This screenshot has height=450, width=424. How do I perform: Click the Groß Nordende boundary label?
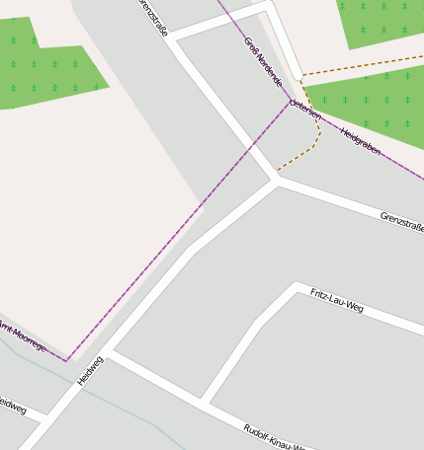coord(262,62)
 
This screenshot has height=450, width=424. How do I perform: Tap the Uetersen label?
coord(305,110)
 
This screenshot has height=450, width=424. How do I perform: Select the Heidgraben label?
coord(360,140)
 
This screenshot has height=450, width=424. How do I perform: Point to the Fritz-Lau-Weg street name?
coord(336,301)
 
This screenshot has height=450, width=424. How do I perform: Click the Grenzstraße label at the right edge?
coord(402,221)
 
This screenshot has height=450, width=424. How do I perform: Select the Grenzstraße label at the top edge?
coord(152,18)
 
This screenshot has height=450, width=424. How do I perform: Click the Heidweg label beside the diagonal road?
coord(90,370)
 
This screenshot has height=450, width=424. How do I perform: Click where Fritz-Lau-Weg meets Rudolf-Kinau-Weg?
coord(205,401)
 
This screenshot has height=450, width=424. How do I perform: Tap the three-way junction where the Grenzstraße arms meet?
coord(276,180)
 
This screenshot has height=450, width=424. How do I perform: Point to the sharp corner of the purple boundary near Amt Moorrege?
coord(67,361)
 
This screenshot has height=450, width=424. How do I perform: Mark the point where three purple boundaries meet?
coord(292,101)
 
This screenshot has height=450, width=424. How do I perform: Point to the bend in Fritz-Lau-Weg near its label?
coord(296,287)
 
